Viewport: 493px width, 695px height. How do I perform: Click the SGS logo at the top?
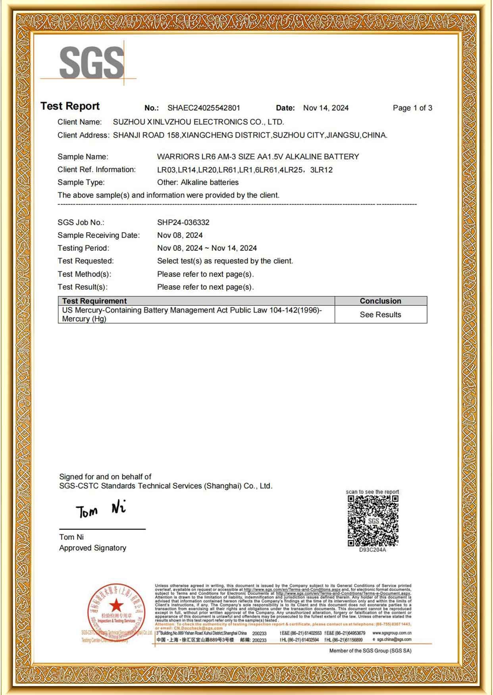92,63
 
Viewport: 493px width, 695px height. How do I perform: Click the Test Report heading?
70,106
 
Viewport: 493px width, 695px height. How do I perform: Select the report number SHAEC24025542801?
204,108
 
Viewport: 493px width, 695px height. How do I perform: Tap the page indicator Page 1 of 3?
412,108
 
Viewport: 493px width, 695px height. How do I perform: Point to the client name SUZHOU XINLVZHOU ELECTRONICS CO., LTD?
198,122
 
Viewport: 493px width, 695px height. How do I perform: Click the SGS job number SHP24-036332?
183,223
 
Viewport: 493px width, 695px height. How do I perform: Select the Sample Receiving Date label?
98,235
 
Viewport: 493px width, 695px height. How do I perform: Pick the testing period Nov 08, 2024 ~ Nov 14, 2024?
207,248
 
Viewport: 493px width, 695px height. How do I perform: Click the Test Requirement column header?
94,301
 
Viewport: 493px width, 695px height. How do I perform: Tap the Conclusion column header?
380,301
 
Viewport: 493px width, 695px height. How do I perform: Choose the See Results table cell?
380,315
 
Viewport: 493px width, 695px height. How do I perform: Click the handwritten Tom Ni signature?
101,510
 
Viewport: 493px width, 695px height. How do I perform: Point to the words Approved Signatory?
92,548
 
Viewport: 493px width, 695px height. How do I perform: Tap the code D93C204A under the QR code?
372,550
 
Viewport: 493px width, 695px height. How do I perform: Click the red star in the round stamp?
116,605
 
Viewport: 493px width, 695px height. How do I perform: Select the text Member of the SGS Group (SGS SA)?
370,651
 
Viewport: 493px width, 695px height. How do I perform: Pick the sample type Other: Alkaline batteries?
198,183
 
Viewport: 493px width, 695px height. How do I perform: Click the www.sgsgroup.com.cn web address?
392,633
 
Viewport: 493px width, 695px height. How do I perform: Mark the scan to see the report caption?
372,492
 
